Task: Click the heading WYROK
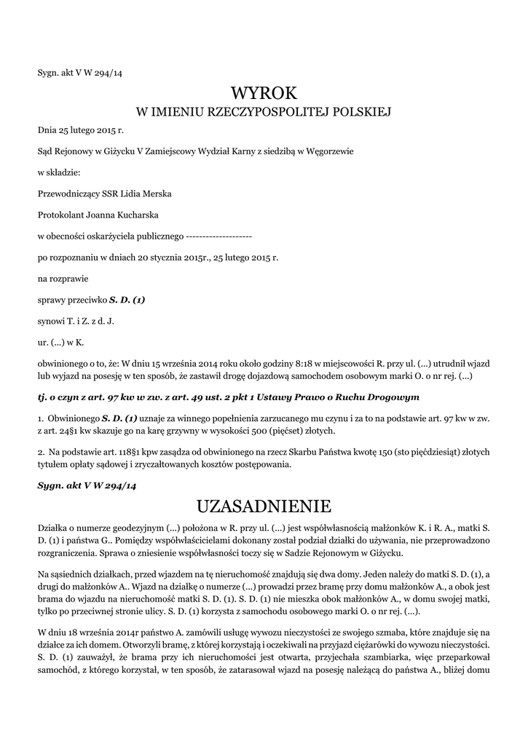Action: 264,92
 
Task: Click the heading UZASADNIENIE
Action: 264,505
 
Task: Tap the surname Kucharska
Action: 141,215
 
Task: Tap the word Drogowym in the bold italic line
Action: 391,397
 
